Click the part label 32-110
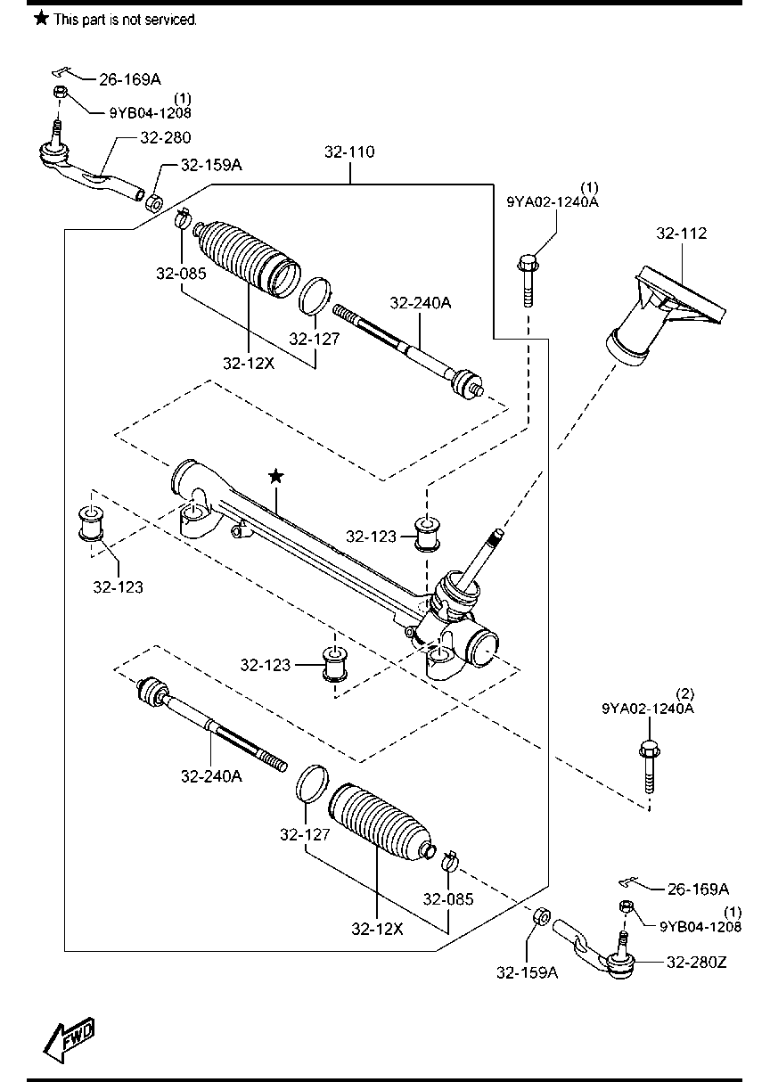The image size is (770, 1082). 349,152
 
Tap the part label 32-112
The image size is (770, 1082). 681,234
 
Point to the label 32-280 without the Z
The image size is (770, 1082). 166,137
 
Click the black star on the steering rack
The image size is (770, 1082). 276,476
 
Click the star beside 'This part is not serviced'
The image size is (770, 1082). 42,19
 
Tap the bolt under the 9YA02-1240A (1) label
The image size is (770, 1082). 528,283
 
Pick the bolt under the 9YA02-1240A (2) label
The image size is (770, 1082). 649,768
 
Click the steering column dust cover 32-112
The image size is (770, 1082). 664,314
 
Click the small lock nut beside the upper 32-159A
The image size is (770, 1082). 154,202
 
